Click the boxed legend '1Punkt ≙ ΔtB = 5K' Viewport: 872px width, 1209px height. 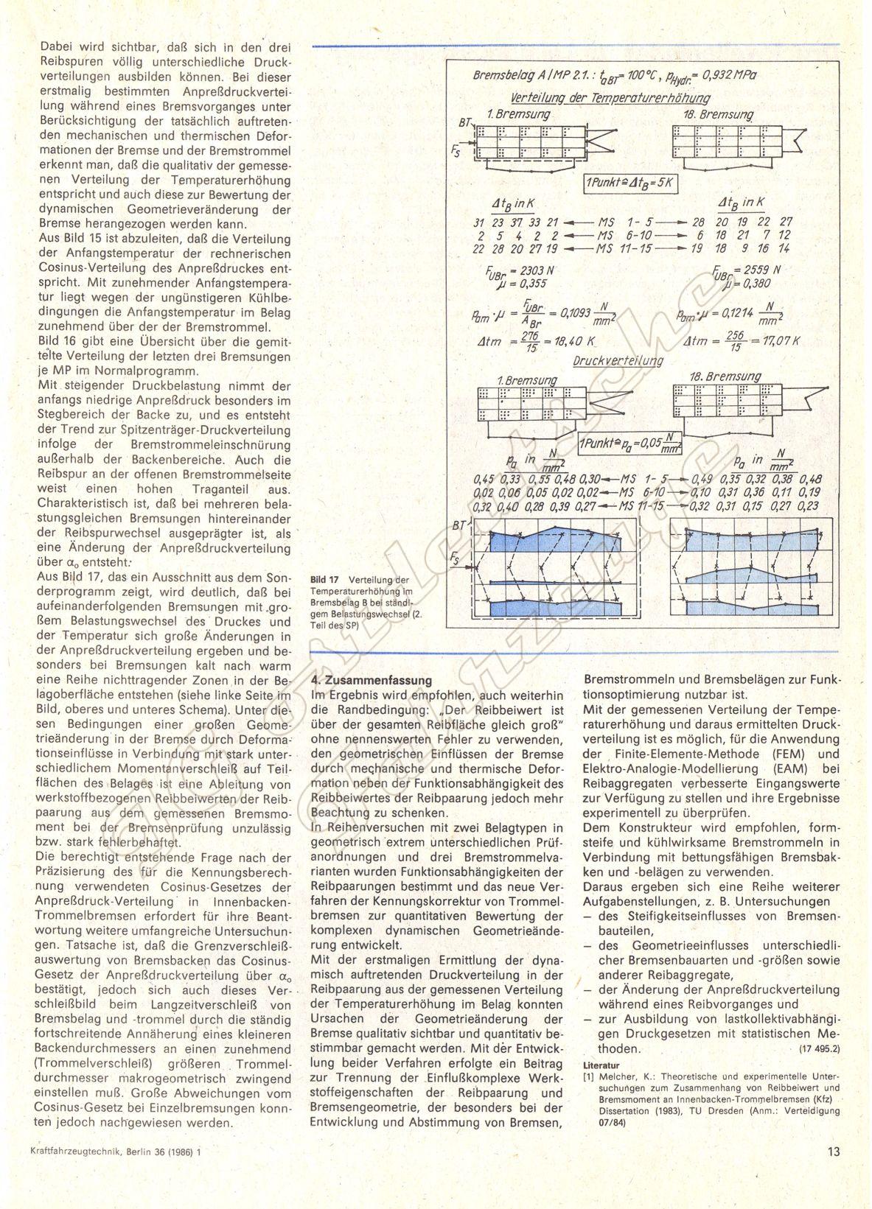click(x=631, y=183)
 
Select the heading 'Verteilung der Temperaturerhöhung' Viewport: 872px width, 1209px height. click(x=610, y=97)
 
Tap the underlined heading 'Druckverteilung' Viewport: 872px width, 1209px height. click(x=618, y=361)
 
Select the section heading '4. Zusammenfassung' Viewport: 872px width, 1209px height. click(x=372, y=680)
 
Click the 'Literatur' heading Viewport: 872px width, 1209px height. click(x=601, y=1065)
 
